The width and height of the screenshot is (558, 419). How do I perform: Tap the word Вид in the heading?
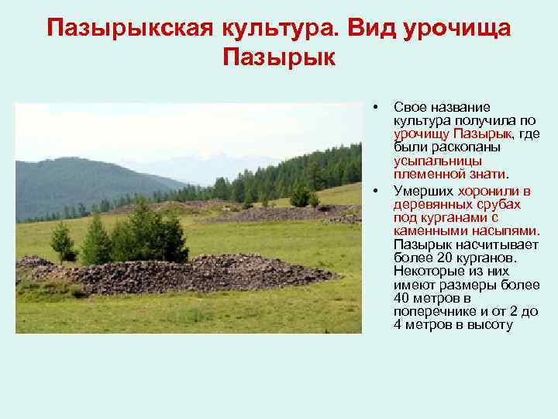[x=370, y=28]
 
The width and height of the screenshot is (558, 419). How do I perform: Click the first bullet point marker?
[x=374, y=106]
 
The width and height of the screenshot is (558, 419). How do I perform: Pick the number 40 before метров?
[x=402, y=299]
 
